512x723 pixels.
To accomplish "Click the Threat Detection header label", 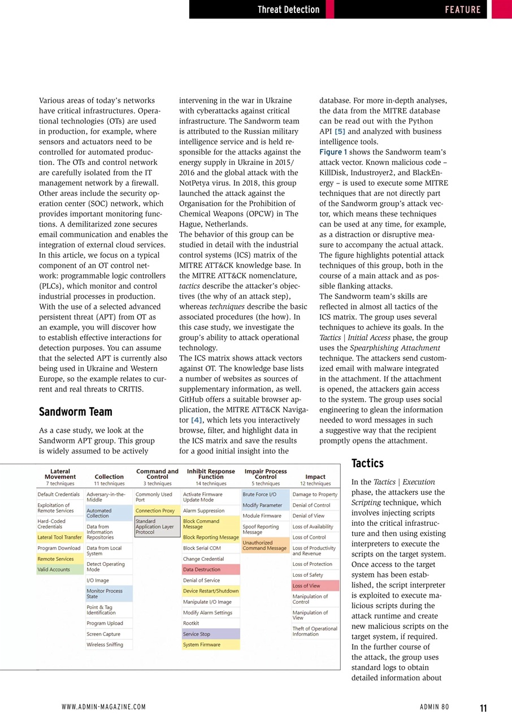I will click(x=288, y=10).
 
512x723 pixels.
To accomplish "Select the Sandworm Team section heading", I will click(x=75, y=411).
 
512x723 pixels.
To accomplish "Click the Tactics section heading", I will click(x=367, y=463).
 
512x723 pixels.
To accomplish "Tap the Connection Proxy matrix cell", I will click(x=155, y=511).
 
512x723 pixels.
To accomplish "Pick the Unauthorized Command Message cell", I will click(x=265, y=545).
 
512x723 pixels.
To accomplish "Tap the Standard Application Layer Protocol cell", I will click(x=155, y=526).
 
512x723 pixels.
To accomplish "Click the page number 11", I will click(x=483, y=708).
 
